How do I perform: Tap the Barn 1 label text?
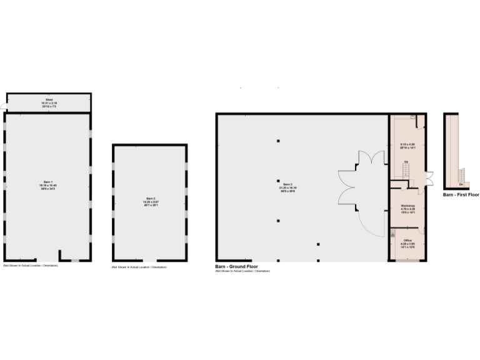[x=48, y=186]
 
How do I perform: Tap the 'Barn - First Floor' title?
[x=461, y=195]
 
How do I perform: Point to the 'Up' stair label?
[x=406, y=163]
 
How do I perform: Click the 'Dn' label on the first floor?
[x=461, y=184]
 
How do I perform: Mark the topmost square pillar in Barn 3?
[x=279, y=141]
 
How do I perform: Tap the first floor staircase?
[x=462, y=172]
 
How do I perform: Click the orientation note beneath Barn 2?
[x=139, y=267]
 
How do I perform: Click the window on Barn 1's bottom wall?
[x=75, y=260]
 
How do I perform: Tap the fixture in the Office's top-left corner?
[x=393, y=232]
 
